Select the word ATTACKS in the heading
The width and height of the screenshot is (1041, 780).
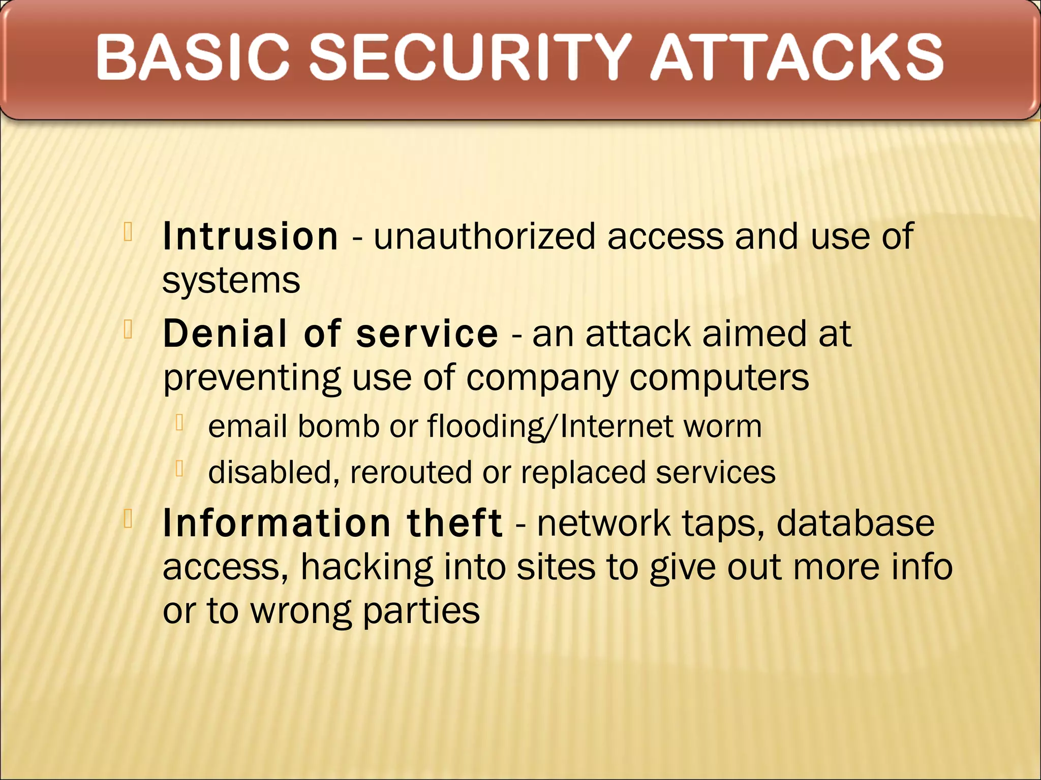pyautogui.click(x=797, y=57)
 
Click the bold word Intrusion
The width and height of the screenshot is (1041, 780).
pyautogui.click(x=250, y=237)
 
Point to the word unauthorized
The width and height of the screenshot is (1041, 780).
pyautogui.click(x=484, y=237)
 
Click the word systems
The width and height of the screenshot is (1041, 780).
pyautogui.click(x=231, y=281)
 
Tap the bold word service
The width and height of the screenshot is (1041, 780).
pyautogui.click(x=427, y=334)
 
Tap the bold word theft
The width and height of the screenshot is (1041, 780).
pyautogui.click(x=454, y=523)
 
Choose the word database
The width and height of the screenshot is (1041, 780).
pyautogui.click(x=855, y=523)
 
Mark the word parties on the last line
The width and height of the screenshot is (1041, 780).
pyautogui.click(x=421, y=611)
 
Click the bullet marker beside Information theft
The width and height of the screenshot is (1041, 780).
pyautogui.click(x=128, y=519)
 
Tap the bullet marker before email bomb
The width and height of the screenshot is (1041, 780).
pyautogui.click(x=179, y=422)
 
